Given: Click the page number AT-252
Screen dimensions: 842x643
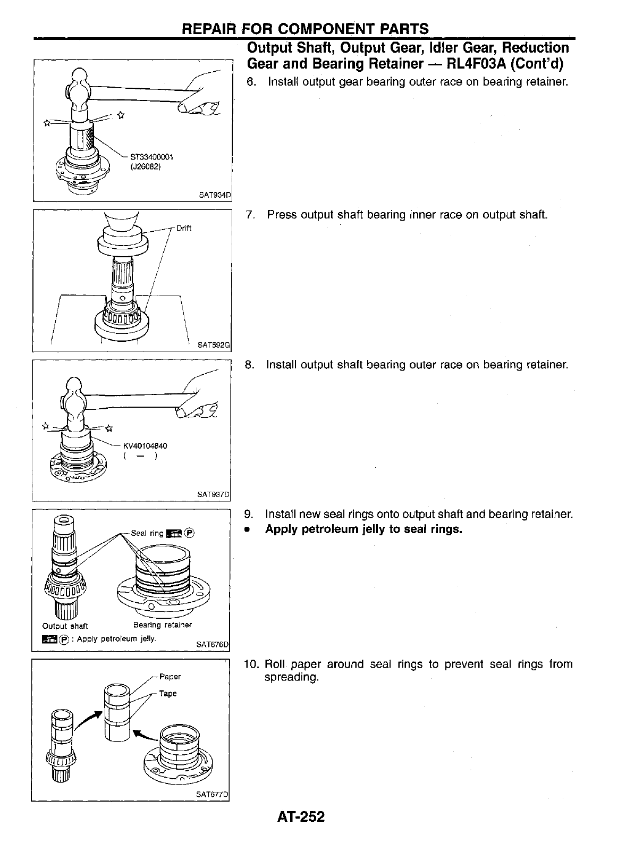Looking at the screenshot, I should [300, 816].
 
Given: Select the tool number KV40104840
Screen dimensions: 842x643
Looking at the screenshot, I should [145, 445].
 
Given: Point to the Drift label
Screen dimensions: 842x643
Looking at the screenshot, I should [184, 228].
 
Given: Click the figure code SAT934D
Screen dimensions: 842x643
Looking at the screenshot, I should [215, 195].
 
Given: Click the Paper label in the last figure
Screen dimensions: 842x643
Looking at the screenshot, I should [170, 677].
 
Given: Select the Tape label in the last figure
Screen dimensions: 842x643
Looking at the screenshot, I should [168, 694].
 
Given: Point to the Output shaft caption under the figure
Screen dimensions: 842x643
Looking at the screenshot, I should [65, 626].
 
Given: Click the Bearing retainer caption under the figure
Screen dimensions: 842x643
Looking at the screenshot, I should [163, 625].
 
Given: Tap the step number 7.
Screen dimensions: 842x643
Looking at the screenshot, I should [250, 215].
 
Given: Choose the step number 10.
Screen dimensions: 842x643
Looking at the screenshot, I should [251, 664].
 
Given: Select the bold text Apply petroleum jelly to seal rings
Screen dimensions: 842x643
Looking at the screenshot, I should [364, 529].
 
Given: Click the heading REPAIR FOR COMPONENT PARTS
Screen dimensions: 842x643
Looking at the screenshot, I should [305, 29].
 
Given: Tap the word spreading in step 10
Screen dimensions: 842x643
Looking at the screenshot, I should [291, 678].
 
